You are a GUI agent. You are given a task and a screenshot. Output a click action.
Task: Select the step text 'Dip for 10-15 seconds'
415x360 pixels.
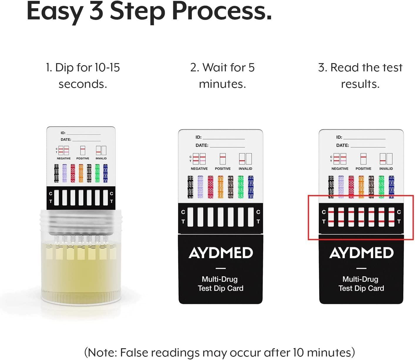point(83,76)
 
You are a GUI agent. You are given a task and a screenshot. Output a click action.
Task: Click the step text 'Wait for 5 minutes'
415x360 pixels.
point(222,76)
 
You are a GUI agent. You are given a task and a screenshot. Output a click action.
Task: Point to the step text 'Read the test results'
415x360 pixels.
point(360,76)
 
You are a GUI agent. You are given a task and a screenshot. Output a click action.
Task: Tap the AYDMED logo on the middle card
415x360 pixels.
point(221,253)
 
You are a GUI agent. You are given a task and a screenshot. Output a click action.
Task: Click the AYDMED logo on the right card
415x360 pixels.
point(361,253)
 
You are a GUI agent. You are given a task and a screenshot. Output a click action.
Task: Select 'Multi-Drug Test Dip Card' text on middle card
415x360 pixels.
point(220,284)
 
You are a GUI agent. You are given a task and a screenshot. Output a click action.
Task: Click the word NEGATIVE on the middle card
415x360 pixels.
point(199,169)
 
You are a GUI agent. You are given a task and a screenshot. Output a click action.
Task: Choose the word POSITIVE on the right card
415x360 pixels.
point(363,169)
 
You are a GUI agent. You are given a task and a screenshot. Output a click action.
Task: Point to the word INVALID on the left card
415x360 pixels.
point(101,158)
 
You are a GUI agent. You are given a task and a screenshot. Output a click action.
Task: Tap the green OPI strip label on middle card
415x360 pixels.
point(241,187)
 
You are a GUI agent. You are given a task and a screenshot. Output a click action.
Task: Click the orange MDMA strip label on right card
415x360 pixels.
point(361,187)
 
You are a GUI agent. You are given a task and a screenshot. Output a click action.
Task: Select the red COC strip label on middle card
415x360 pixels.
point(210,187)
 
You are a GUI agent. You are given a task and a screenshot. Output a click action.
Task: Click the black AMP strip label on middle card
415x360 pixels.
point(190,187)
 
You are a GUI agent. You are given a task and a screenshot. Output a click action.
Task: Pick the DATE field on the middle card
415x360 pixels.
point(220,145)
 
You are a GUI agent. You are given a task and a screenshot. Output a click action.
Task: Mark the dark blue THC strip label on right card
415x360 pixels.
point(391,187)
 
